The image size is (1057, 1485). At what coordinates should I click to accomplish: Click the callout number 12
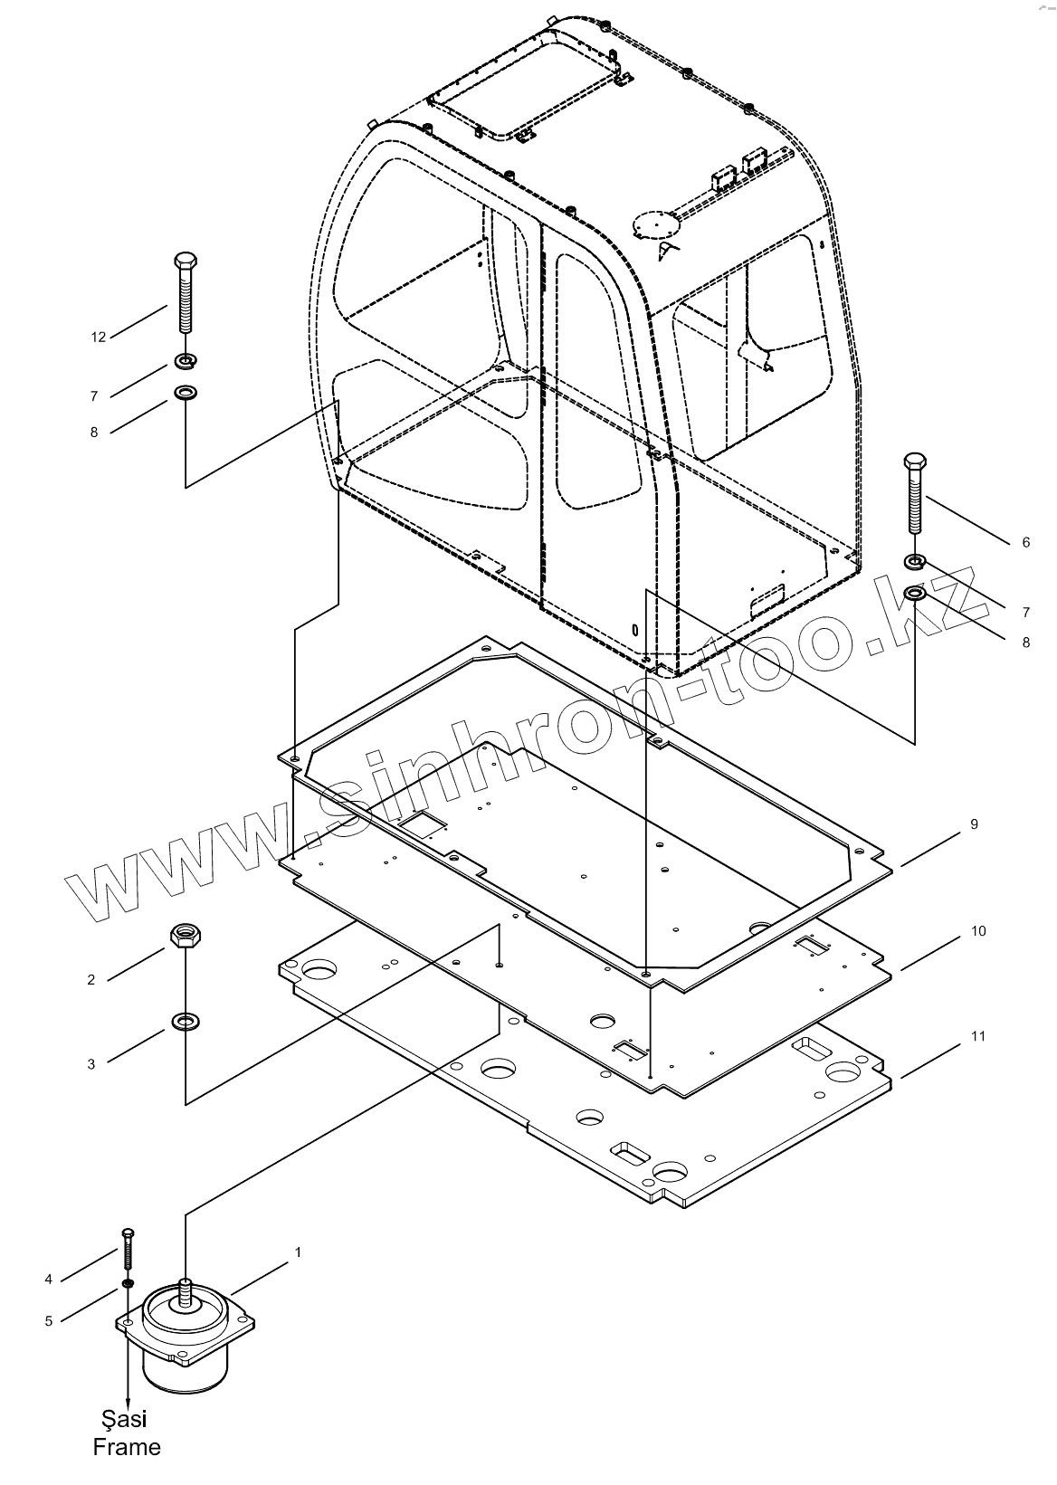click(99, 338)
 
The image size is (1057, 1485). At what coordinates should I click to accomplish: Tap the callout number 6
click(1025, 542)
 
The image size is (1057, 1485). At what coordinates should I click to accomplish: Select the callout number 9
click(974, 824)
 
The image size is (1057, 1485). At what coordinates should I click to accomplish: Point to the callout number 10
click(977, 931)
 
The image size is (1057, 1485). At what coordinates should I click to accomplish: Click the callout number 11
click(977, 1037)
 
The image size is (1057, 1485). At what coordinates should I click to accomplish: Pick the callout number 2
click(90, 980)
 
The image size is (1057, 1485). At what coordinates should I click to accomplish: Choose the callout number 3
click(90, 1065)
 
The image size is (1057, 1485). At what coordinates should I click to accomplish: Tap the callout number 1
click(298, 1252)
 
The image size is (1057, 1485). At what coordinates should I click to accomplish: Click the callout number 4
click(48, 1280)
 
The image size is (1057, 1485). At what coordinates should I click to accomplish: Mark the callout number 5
click(48, 1321)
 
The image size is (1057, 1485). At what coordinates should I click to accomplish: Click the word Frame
click(127, 1447)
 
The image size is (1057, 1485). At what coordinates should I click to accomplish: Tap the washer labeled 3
click(186, 1023)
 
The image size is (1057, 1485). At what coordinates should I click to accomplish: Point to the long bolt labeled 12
click(185, 294)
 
